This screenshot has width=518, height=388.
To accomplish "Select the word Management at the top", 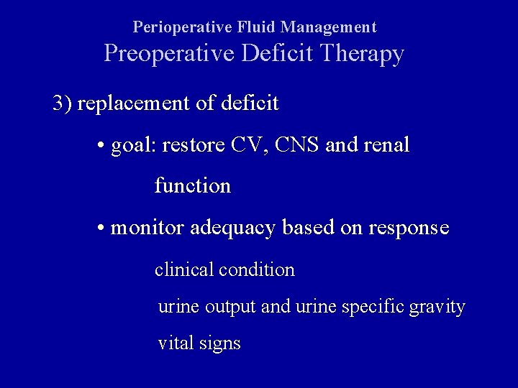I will click(329, 28).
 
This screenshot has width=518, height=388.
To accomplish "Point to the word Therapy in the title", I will click(363, 55).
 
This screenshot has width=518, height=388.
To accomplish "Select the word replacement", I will click(134, 104).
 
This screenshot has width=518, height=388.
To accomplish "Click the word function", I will click(192, 186).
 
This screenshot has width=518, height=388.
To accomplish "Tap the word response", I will click(408, 229).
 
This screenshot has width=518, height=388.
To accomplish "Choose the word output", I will click(230, 308).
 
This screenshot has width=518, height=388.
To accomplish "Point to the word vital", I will click(176, 343).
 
